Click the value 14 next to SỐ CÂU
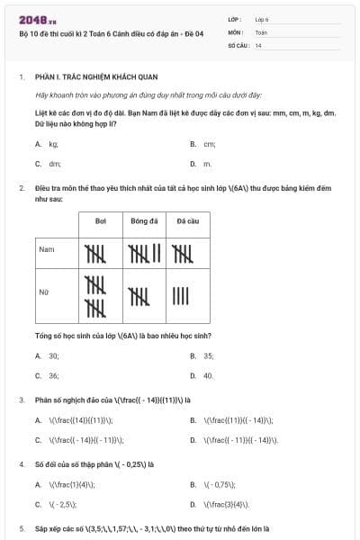coord(258,44)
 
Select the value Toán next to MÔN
coord(261,31)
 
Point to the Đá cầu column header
coord(187,220)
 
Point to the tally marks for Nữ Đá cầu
coord(181,294)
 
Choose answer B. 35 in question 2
coord(202,355)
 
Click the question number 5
coord(22,528)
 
